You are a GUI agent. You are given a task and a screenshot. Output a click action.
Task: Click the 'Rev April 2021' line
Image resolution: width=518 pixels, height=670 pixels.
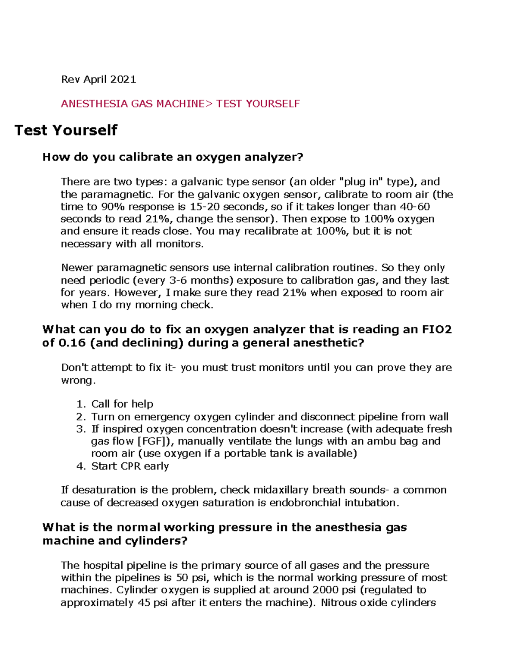click(98, 79)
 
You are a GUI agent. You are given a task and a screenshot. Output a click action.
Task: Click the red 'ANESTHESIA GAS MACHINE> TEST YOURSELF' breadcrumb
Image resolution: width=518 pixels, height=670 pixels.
click(180, 104)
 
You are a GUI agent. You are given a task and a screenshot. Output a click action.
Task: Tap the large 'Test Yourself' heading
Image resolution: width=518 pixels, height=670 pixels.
click(66, 130)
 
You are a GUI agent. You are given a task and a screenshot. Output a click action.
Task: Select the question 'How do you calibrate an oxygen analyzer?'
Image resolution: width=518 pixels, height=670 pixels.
click(173, 157)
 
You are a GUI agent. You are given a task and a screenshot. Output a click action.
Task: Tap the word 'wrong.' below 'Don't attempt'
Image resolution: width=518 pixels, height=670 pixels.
click(78, 381)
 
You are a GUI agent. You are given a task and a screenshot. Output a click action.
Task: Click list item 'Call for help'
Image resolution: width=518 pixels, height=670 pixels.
click(122, 404)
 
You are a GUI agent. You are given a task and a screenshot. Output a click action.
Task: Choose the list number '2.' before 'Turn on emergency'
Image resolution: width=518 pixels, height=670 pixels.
click(81, 417)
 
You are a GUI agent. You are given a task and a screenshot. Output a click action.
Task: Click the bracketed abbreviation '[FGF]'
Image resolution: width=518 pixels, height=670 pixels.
click(155, 441)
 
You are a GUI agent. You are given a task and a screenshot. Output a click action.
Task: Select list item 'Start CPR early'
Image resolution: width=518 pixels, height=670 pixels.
click(130, 466)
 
